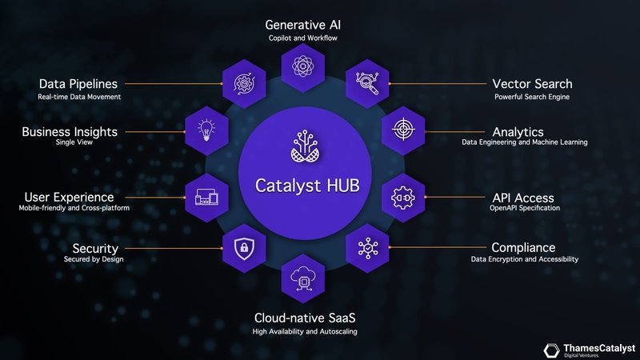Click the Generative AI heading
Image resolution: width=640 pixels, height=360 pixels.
[304, 24]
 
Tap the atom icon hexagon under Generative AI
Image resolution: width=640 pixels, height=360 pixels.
[304, 66]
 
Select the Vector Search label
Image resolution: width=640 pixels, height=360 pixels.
[532, 84]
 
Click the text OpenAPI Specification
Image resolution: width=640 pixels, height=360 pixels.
[525, 209]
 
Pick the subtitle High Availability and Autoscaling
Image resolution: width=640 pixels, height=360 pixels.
[305, 331]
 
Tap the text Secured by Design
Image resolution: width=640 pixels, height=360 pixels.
[94, 260]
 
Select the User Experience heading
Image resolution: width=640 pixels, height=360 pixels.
[69, 197]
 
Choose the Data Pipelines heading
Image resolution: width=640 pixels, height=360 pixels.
[78, 84]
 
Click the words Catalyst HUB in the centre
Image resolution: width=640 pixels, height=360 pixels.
[304, 185]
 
